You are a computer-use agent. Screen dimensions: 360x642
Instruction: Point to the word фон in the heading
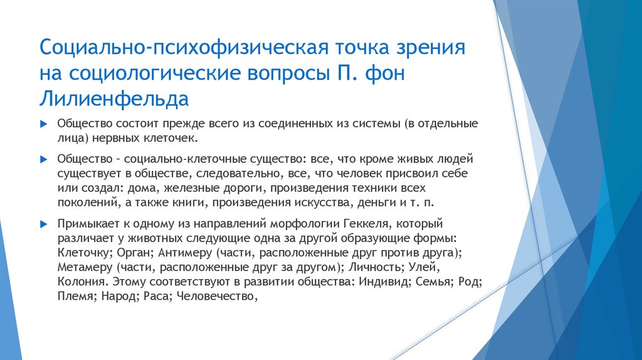(x=384, y=74)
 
